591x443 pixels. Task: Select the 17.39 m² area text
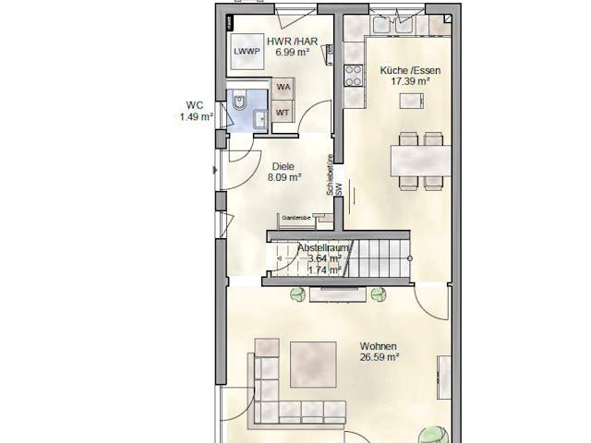point(411,82)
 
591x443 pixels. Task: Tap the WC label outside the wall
point(194,105)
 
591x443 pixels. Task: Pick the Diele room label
point(283,166)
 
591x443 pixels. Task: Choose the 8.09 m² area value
point(284,177)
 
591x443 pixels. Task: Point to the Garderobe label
point(295,218)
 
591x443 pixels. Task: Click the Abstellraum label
point(322,248)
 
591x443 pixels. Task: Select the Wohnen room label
point(379,346)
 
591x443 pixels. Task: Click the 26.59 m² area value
point(380,357)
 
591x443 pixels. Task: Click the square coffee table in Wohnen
point(313,365)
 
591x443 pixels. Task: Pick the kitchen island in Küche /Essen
point(410,102)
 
